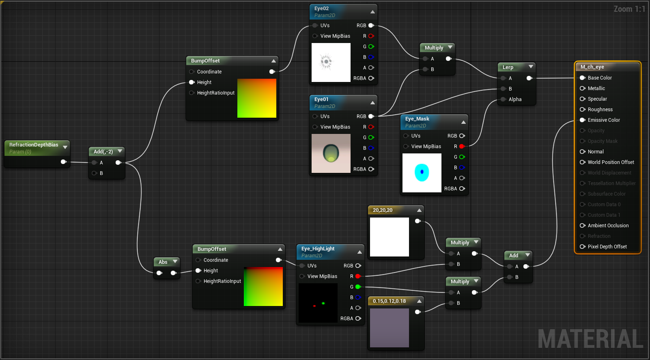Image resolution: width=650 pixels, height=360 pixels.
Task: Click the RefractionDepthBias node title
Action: click(34, 144)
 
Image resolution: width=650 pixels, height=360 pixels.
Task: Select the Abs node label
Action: click(163, 262)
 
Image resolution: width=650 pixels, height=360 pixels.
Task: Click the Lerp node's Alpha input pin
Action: click(503, 99)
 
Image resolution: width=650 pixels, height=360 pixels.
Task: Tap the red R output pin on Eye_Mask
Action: click(462, 147)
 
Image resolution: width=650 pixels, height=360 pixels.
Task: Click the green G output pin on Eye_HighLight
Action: click(358, 287)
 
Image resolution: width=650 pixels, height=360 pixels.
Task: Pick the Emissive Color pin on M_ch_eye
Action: click(582, 120)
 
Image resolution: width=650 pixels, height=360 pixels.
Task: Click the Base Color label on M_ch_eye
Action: click(600, 78)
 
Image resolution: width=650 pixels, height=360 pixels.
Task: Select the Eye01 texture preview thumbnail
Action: click(331, 153)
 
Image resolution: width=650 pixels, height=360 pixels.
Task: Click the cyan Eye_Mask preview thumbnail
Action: click(422, 173)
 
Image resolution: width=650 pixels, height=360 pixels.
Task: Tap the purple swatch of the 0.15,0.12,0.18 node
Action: click(390, 328)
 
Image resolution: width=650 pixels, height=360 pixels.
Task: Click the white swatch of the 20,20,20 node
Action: click(390, 237)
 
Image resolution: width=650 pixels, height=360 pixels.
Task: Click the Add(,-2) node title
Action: click(103, 151)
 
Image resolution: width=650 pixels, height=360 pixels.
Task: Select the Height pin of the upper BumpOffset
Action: click(192, 82)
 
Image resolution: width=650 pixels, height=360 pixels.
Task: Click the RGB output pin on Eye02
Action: click(371, 26)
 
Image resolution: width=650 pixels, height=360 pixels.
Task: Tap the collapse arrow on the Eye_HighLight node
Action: click(359, 252)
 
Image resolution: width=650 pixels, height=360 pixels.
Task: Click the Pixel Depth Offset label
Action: click(607, 246)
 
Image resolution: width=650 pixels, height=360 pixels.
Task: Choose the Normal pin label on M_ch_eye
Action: click(596, 151)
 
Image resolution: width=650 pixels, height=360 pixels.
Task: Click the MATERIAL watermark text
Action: click(590, 338)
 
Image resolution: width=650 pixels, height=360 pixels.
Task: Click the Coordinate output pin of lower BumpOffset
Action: click(279, 260)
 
